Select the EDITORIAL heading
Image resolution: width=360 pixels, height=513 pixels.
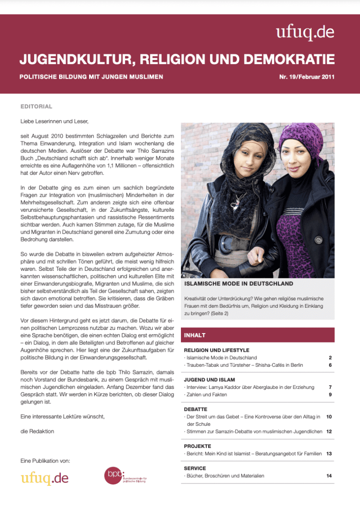(37, 107)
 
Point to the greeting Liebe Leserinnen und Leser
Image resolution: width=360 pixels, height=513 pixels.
(55, 122)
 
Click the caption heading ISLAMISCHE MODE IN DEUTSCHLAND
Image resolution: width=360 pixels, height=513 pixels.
(239, 284)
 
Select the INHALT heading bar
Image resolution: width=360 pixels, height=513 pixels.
(257, 335)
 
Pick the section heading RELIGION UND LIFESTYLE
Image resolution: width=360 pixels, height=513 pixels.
(217, 350)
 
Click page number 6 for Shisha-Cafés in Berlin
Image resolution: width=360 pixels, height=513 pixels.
(330, 365)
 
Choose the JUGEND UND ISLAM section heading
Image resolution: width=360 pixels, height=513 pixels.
(210, 379)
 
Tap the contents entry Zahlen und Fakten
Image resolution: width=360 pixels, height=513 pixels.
(207, 394)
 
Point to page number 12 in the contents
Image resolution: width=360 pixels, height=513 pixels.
(329, 431)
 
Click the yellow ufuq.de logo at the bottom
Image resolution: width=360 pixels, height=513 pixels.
(45, 478)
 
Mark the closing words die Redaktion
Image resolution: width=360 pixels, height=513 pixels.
(38, 431)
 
